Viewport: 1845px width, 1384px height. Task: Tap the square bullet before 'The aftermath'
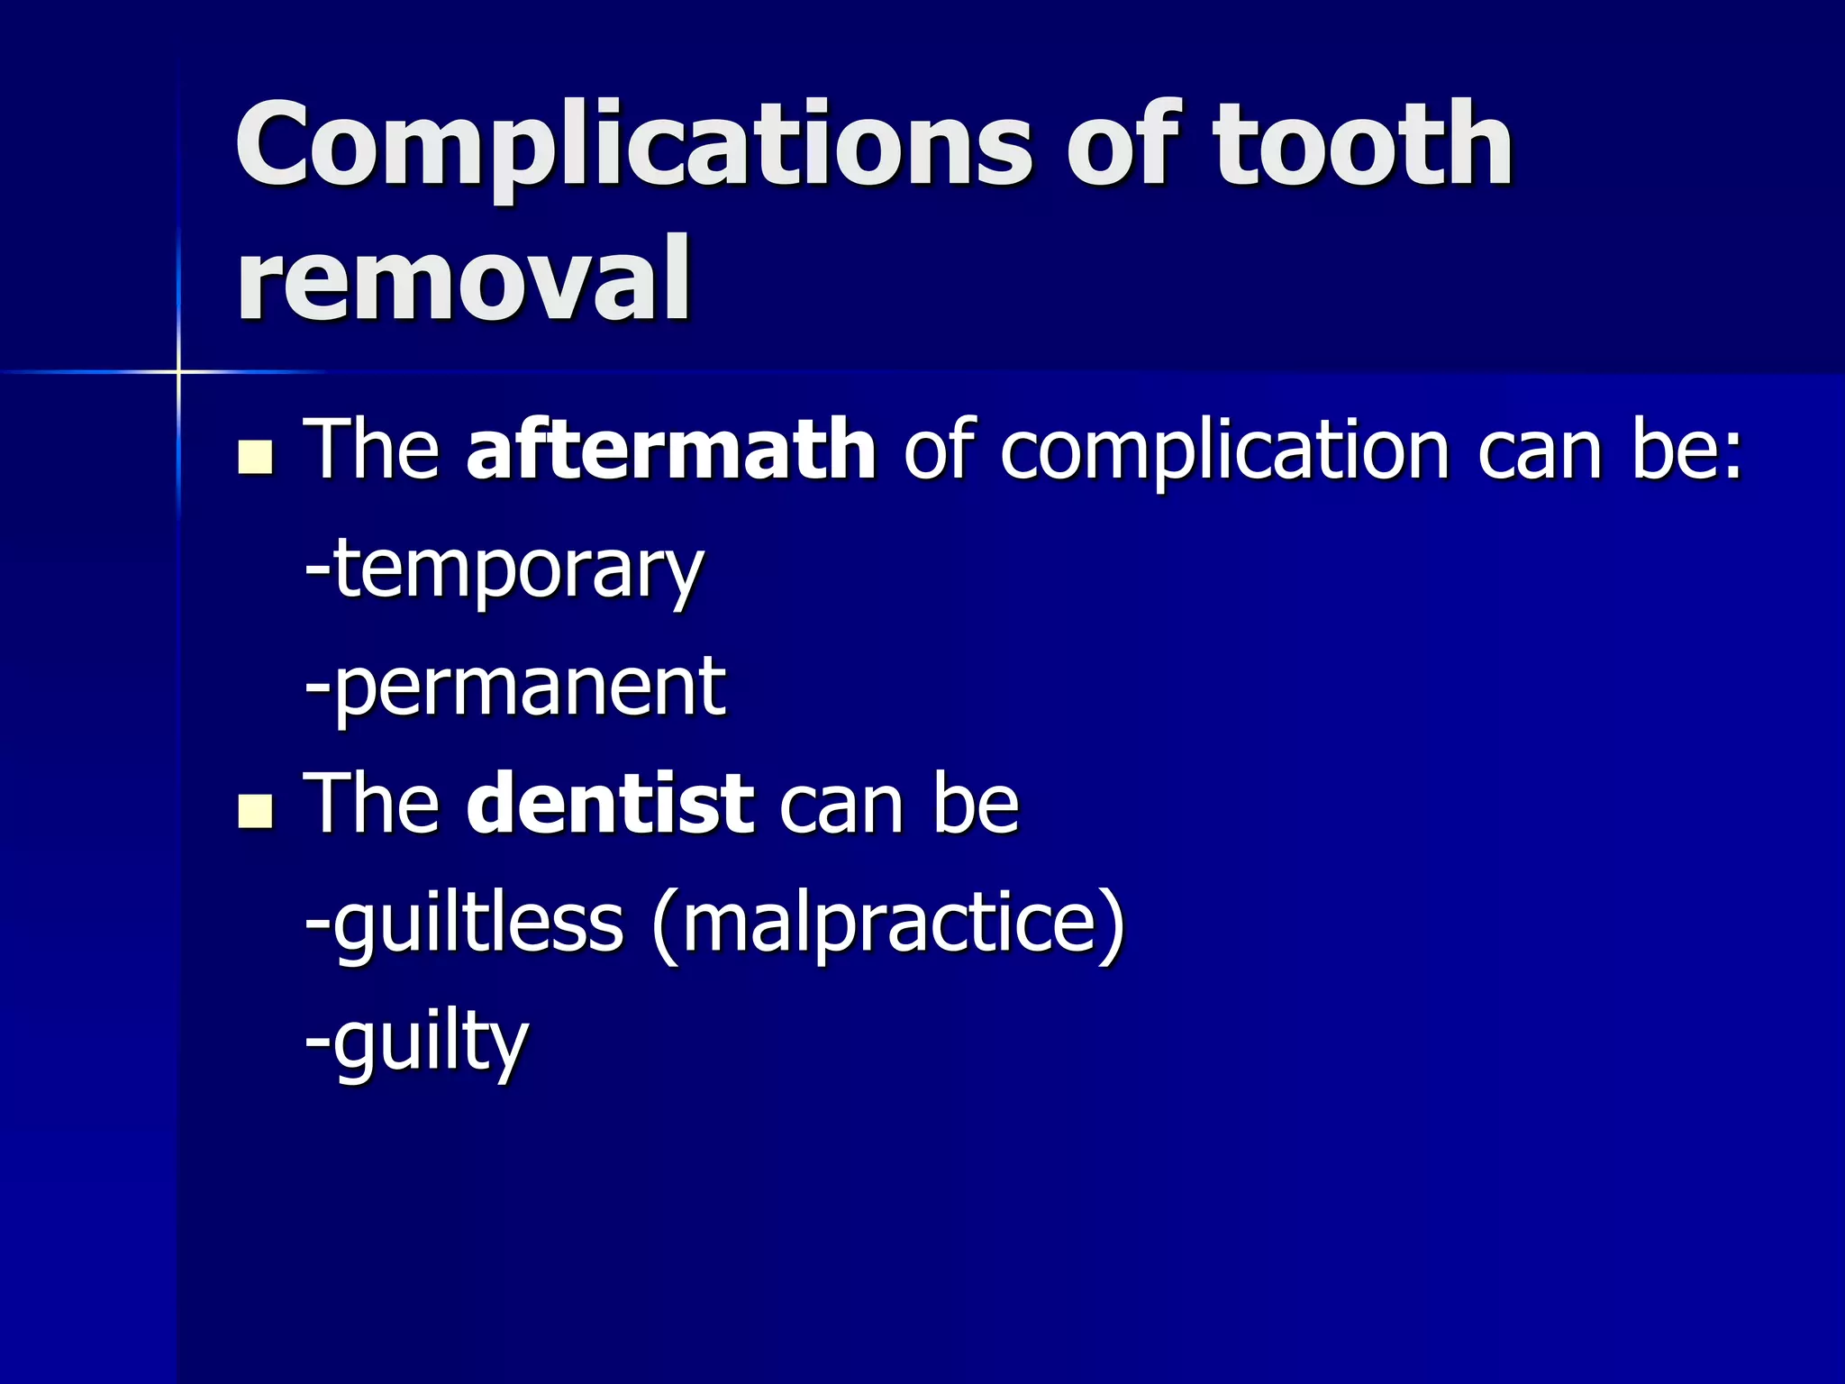click(256, 457)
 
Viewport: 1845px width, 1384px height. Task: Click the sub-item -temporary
click(504, 572)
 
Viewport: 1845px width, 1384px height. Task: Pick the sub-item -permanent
click(515, 689)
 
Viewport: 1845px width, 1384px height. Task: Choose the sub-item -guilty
click(416, 1043)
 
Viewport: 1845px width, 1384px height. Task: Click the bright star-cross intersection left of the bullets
click(178, 371)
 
